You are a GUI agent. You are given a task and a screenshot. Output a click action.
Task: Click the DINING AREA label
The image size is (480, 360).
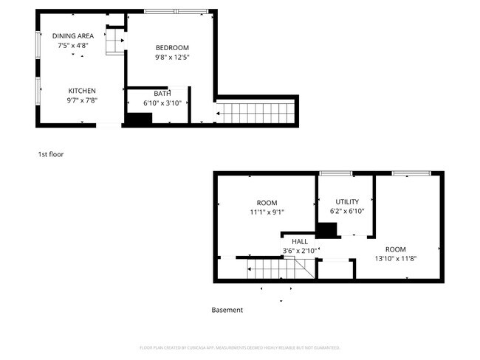coord(72,35)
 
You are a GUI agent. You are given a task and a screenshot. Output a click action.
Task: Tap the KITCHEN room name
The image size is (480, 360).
coord(83,91)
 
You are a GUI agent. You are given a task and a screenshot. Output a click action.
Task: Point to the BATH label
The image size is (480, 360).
coord(162,94)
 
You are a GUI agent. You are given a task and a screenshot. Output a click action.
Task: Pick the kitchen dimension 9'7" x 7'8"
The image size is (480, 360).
coord(83,100)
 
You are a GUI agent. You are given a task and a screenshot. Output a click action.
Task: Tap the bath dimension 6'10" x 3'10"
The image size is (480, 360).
coord(162,103)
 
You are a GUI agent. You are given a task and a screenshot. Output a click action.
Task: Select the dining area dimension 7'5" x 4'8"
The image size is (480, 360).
coord(72,45)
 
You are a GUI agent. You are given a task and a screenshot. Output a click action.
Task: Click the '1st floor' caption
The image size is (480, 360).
coord(51,154)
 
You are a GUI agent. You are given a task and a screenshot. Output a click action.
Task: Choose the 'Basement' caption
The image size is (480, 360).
coord(227,310)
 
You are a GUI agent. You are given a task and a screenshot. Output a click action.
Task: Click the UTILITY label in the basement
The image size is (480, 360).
coord(346,201)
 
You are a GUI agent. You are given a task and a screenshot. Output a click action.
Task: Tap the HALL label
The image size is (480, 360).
coord(300,241)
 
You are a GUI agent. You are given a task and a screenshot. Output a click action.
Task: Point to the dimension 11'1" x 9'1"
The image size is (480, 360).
coord(267,212)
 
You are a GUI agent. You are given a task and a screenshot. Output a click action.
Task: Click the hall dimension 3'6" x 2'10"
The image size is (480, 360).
coord(300,251)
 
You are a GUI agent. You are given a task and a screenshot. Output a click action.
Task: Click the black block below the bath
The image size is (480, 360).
coord(137,120)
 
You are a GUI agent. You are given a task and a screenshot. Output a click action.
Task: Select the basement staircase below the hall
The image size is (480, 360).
coord(275,270)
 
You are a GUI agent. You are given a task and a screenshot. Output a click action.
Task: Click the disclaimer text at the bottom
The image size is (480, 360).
coord(239,347)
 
